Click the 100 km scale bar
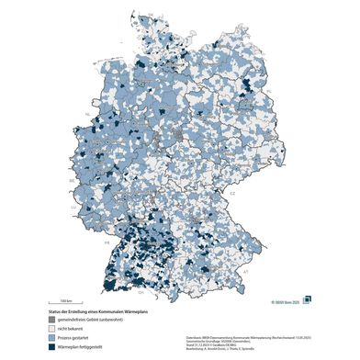[x=66, y=303]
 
